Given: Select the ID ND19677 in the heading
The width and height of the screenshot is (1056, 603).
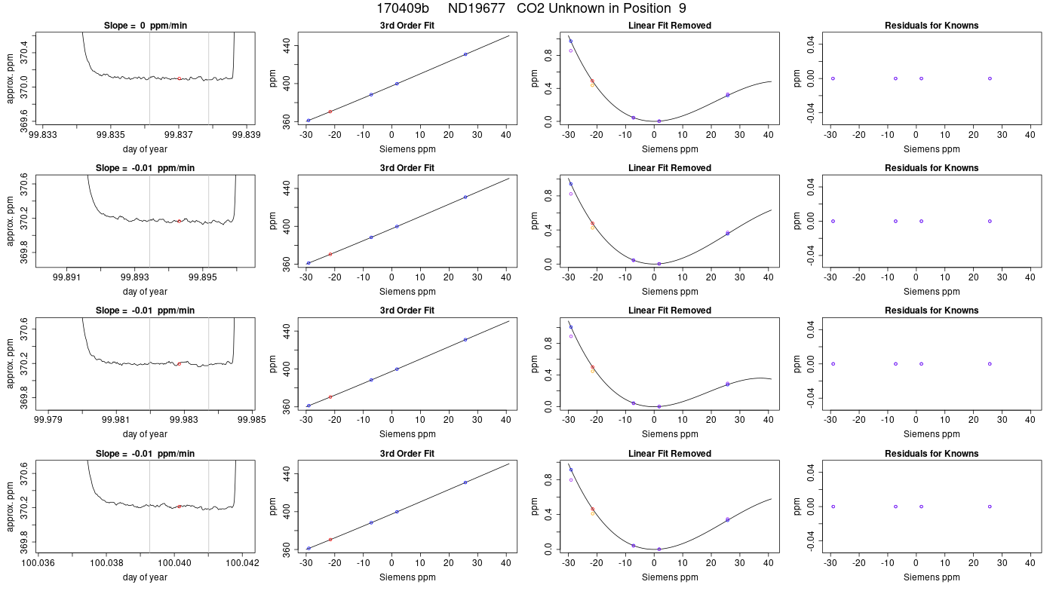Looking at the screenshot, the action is (x=476, y=8).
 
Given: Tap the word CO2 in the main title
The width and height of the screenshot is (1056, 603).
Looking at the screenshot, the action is (x=530, y=8).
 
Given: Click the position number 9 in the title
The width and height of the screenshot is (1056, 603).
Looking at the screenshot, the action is (x=683, y=8).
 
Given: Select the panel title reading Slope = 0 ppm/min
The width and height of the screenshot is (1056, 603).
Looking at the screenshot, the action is (x=145, y=26).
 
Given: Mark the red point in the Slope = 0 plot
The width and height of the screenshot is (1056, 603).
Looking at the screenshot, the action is (x=180, y=78).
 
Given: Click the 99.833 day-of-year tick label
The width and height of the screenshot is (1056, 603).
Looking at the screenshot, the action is (x=42, y=135).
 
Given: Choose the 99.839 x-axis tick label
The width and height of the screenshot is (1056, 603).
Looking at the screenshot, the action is (x=247, y=135).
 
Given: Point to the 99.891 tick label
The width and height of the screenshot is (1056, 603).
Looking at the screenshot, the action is (x=66, y=277).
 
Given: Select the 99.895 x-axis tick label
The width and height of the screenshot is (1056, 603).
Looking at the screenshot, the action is (x=203, y=277).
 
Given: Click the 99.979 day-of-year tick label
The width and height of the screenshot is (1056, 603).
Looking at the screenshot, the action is (x=48, y=421).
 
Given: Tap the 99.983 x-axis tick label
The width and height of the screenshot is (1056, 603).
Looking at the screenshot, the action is (x=184, y=421).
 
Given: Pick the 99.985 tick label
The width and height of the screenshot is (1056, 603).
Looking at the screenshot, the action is (x=252, y=421).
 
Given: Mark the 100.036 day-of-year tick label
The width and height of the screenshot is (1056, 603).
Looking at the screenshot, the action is (x=38, y=563).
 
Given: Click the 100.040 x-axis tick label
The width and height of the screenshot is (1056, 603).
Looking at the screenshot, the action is (x=174, y=563).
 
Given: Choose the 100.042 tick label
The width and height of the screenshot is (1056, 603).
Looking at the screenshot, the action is (x=242, y=563).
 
